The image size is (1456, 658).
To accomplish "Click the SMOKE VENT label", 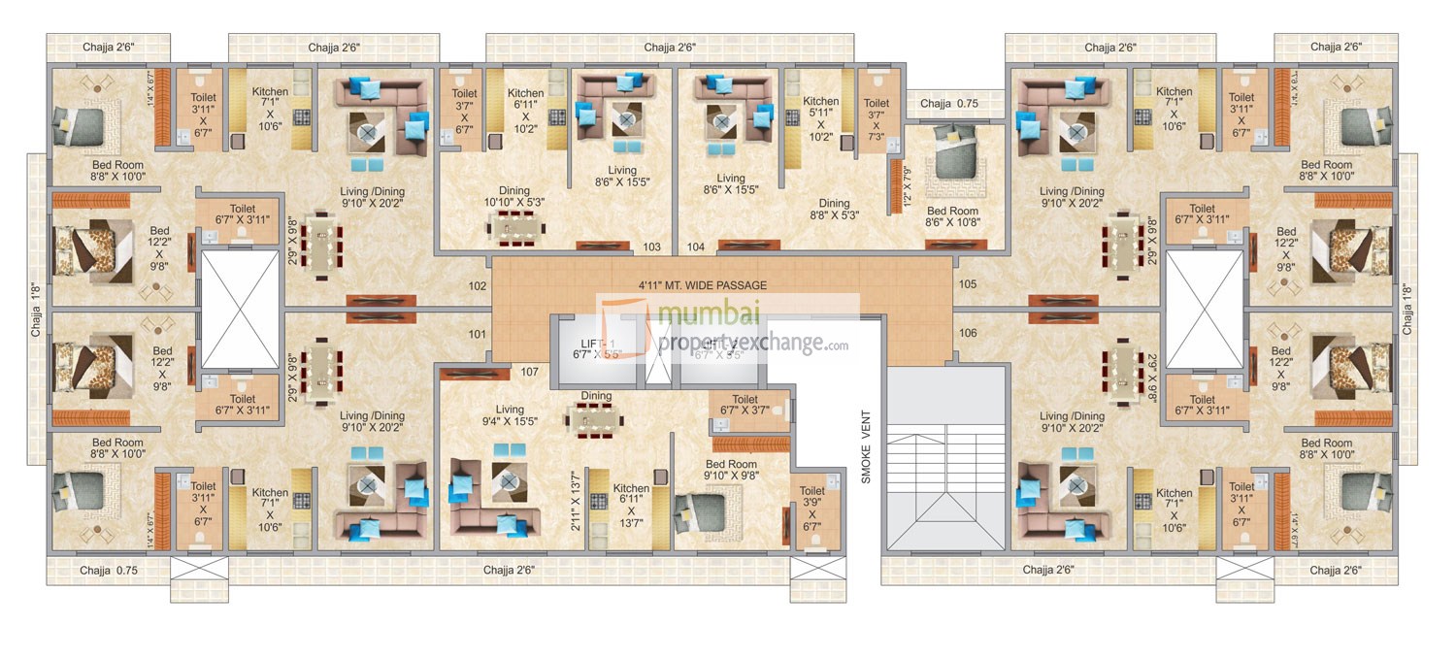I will (x=867, y=447).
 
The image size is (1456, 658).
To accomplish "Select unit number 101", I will (x=478, y=334).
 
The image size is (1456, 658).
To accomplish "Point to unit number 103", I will (x=651, y=247).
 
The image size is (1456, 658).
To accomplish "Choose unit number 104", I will (x=695, y=247).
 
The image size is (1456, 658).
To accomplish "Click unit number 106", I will (x=968, y=334).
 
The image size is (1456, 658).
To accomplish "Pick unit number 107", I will (x=529, y=371).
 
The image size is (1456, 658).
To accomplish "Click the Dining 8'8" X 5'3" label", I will (x=834, y=210).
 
